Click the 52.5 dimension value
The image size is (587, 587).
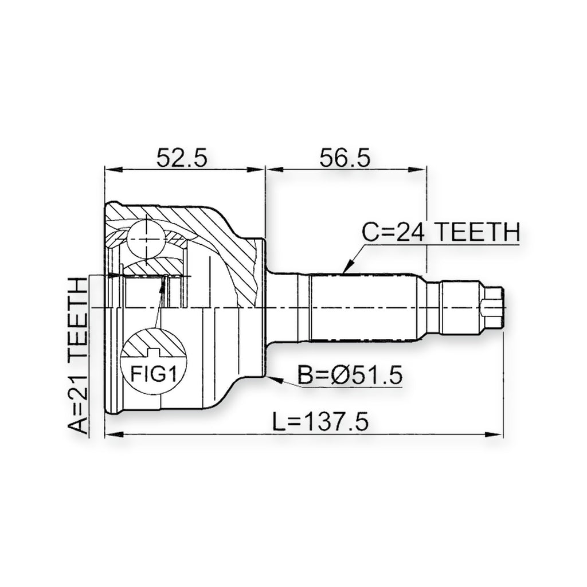(x=182, y=158)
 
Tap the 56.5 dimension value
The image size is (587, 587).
(x=345, y=158)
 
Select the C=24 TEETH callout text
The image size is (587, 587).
(x=441, y=232)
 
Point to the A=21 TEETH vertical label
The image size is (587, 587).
(x=78, y=355)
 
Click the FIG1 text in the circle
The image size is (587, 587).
(x=153, y=373)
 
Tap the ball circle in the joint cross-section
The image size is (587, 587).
(x=146, y=238)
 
